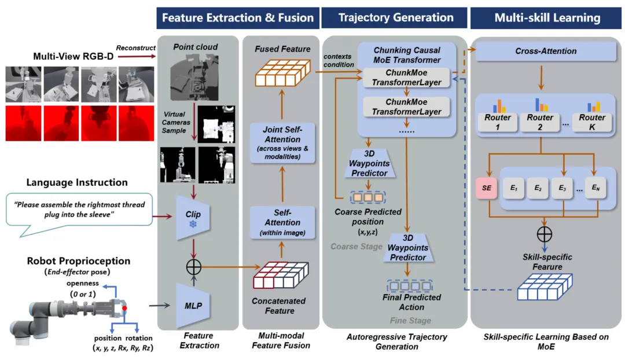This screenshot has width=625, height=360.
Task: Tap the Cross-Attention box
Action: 545,51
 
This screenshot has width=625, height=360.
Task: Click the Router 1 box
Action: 497,122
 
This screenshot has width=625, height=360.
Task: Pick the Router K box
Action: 591,122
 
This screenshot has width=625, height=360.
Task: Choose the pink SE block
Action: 486,189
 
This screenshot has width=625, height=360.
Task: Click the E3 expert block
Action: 561,189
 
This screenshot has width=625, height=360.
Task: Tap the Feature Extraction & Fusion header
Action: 237,17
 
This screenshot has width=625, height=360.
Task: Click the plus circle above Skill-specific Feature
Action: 545,234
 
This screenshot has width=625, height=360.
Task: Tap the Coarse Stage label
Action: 356,247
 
